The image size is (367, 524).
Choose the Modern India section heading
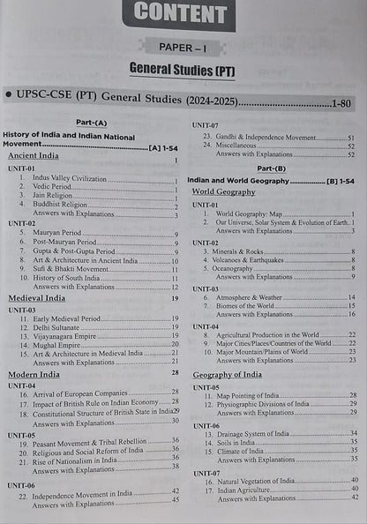[x=34, y=374]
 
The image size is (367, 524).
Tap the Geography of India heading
[x=228, y=375]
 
